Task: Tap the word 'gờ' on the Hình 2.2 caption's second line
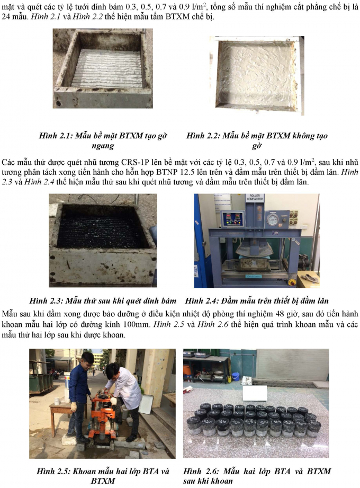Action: (257, 146)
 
